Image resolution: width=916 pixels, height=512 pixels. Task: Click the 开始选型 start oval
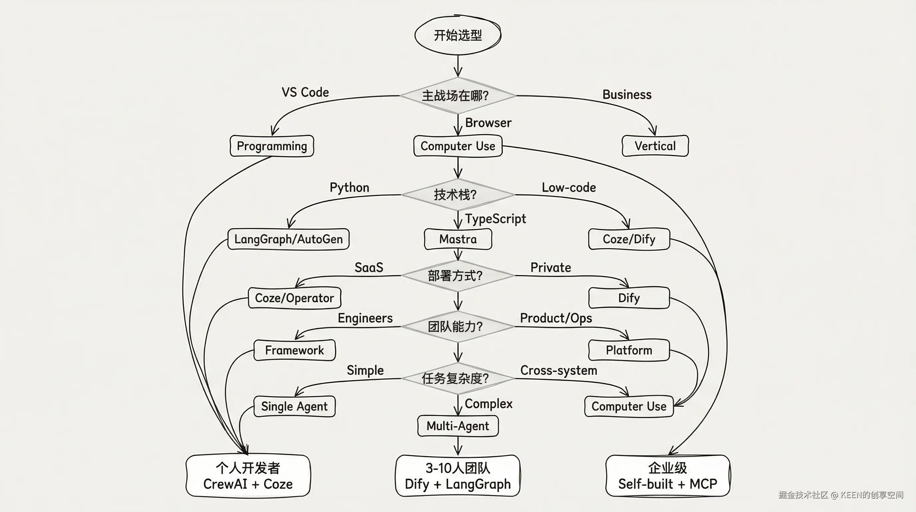tap(458, 35)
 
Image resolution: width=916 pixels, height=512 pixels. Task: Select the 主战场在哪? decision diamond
tap(458, 95)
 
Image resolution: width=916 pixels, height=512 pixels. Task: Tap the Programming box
tap(272, 146)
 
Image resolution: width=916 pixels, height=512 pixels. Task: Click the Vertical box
tap(655, 146)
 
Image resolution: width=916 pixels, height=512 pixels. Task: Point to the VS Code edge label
tap(305, 92)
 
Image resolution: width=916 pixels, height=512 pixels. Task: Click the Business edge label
tap(627, 95)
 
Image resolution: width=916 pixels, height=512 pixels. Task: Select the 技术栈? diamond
tap(458, 195)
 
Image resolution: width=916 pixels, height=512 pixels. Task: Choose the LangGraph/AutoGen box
tap(288, 239)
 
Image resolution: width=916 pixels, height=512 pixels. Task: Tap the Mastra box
tap(458, 239)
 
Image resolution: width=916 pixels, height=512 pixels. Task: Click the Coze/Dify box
tap(629, 239)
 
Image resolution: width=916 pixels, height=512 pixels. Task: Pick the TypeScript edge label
tap(495, 219)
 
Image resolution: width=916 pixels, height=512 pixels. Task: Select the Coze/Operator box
tap(295, 298)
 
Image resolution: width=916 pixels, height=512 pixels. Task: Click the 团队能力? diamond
tap(458, 326)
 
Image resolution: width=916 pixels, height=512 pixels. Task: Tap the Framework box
tap(295, 350)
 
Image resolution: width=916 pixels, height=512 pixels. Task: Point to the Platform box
tap(629, 350)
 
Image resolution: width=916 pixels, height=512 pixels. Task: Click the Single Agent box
tap(295, 406)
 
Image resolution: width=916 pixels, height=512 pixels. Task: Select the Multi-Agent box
tap(458, 426)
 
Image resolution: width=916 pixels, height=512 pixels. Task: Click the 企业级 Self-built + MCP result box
tap(667, 476)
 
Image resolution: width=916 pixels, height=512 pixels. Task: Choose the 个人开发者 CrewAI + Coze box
tap(248, 476)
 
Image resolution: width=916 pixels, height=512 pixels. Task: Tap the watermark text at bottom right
tap(841, 495)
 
